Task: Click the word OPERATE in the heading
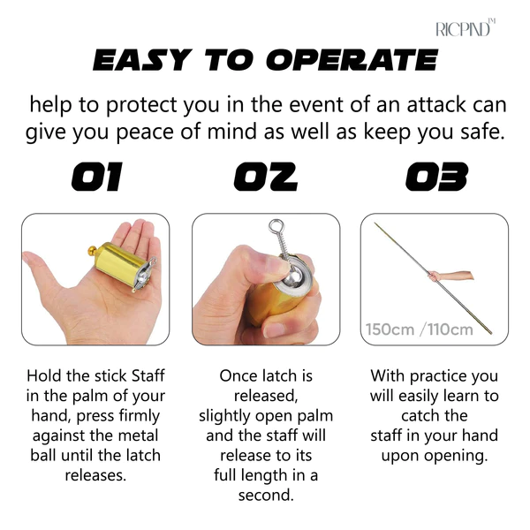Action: (352, 60)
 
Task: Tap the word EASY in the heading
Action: (142, 60)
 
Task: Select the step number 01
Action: (96, 177)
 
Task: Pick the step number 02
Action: (266, 177)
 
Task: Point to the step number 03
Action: (436, 177)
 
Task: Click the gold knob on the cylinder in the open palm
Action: (92, 251)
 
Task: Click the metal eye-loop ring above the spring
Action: (276, 226)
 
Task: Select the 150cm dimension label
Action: (390, 329)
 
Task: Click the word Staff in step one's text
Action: (148, 375)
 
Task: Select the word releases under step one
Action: (95, 475)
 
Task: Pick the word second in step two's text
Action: (266, 496)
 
